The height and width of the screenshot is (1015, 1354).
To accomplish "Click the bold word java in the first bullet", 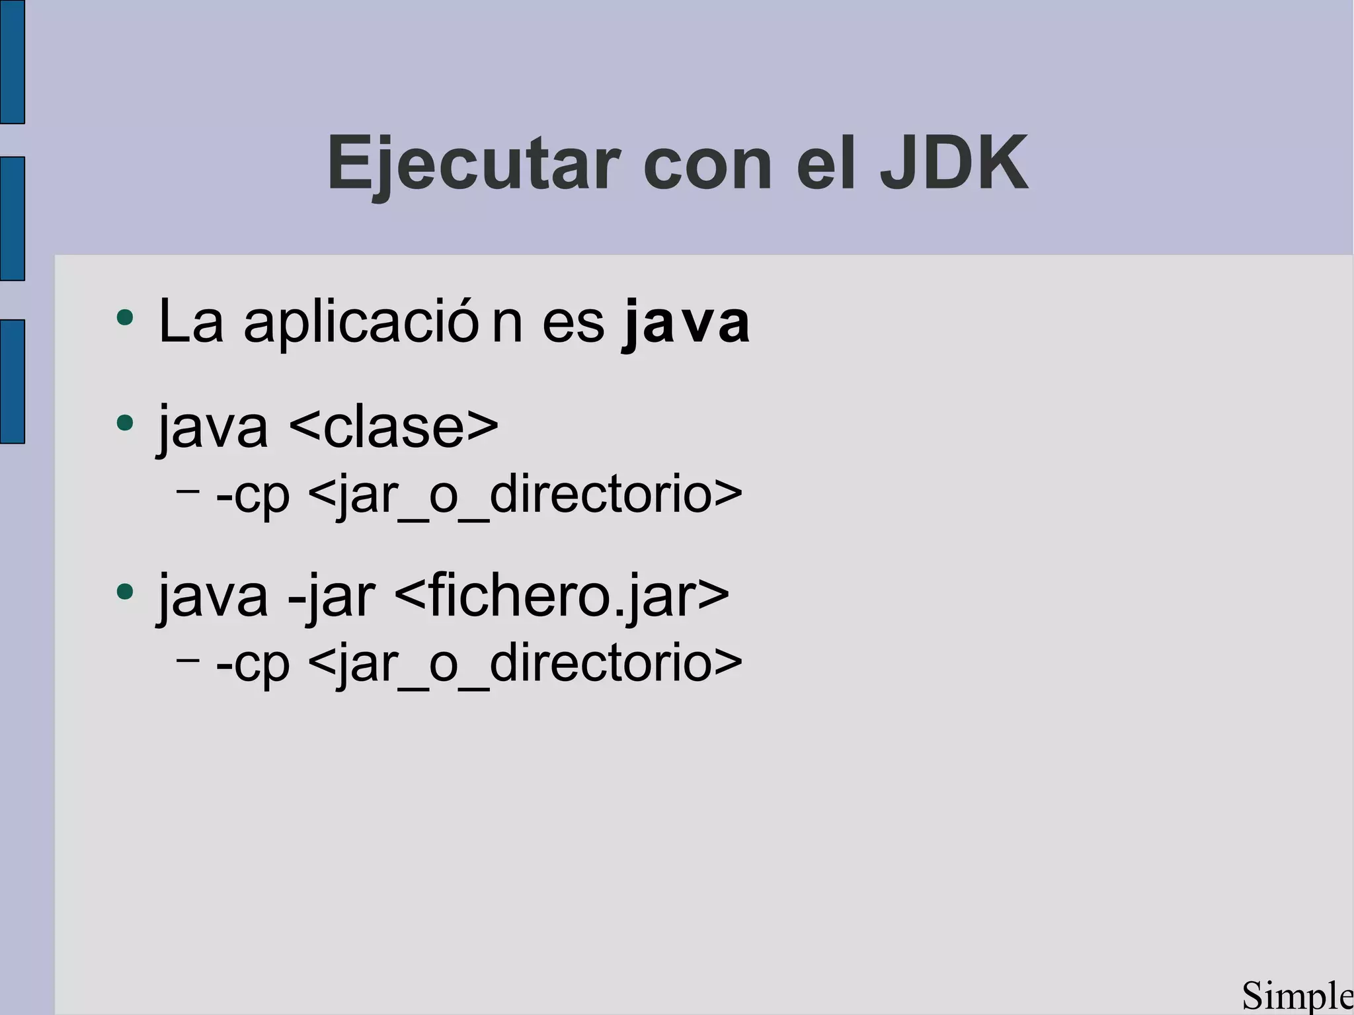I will click(686, 323).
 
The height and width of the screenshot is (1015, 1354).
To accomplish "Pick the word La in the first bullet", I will click(191, 322).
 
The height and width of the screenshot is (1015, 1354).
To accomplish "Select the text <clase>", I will click(394, 427).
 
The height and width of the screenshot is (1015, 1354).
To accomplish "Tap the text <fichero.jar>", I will click(562, 596).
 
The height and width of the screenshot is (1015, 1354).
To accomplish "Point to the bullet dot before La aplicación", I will click(124, 318).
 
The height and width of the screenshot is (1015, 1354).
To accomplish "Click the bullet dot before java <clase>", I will click(124, 422).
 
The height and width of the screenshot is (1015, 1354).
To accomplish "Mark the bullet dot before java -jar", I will click(124, 591).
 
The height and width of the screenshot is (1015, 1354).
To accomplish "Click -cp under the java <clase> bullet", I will click(253, 495).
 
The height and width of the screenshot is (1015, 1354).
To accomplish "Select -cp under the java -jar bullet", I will click(253, 664).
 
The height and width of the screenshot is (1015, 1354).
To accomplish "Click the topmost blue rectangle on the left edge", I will click(12, 61).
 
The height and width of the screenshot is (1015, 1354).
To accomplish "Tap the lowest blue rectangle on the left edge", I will click(12, 382).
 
